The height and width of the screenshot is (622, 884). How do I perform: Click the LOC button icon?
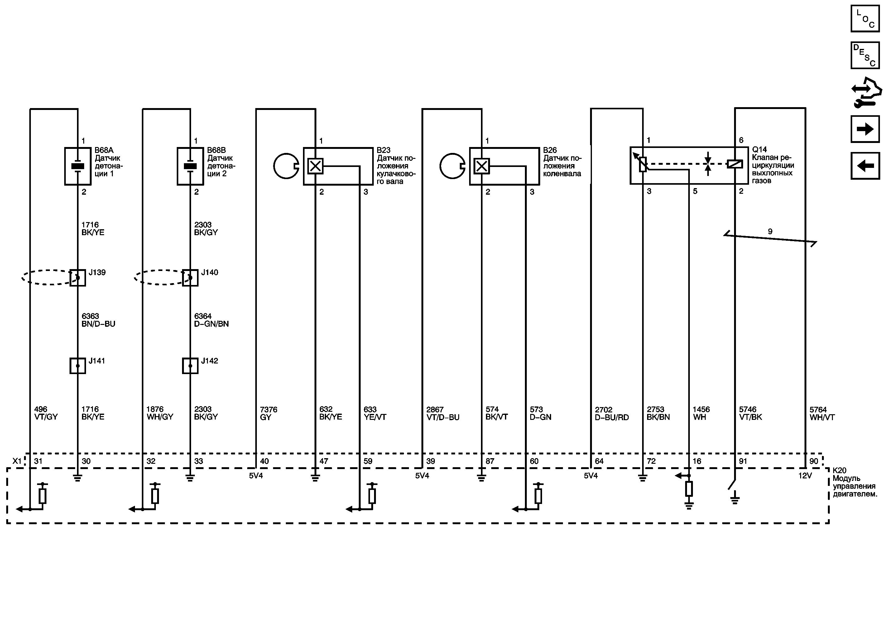point(865,18)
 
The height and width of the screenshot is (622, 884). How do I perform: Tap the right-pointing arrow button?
point(865,129)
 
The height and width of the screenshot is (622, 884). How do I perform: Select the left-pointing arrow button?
point(865,166)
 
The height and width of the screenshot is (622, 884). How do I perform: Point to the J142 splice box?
point(190,366)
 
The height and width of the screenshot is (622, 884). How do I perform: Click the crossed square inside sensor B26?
point(482,166)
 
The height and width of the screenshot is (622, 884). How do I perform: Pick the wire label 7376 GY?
point(268,413)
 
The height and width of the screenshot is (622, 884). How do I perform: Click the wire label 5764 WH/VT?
point(822,413)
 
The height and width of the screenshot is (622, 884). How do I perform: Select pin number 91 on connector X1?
point(743,461)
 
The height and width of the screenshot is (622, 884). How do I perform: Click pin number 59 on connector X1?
point(368,461)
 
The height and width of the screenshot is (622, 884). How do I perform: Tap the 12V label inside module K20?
point(805,475)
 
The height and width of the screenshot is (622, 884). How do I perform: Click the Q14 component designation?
point(759,149)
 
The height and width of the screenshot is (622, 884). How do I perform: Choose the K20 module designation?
point(839,470)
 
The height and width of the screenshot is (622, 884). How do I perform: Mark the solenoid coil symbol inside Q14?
point(735,164)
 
